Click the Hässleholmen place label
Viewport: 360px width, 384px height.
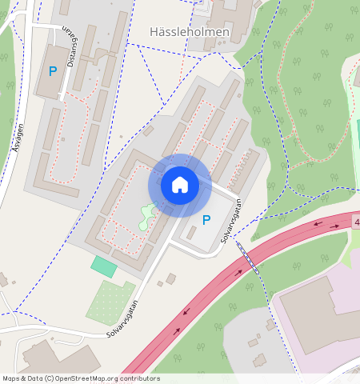[190, 33]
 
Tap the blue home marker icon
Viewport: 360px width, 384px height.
[180, 186]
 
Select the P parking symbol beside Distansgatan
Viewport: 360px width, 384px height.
[53, 71]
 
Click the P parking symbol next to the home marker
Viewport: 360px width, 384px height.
[206, 220]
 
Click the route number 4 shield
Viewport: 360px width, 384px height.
[355, 222]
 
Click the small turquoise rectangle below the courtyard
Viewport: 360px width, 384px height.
[103, 266]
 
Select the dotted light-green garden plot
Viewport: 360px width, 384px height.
[110, 302]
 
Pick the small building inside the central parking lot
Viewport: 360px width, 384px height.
[190, 232]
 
